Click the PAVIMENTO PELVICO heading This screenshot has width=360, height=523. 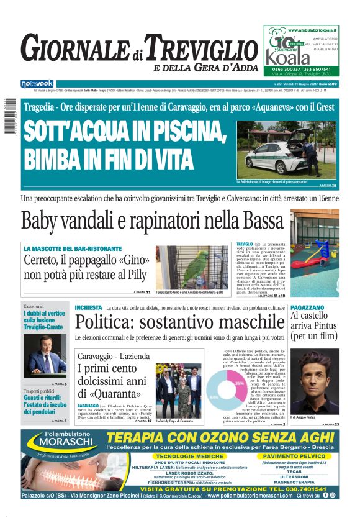tap(292, 456)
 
